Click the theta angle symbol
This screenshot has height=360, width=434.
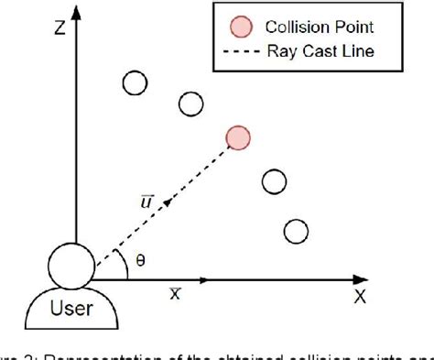point(139,259)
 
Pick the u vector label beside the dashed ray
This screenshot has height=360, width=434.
point(146,201)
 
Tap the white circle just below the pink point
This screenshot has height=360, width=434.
point(273,181)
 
